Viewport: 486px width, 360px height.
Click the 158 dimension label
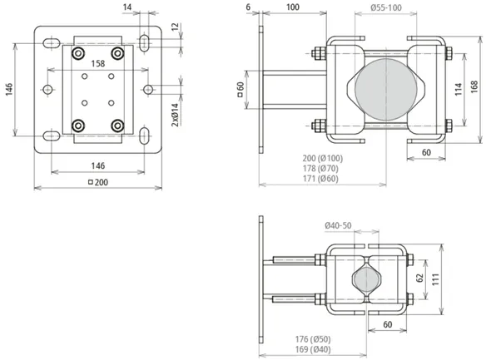click(x=98, y=63)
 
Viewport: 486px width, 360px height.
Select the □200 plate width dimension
click(x=98, y=182)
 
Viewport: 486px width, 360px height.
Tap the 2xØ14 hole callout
click(x=175, y=115)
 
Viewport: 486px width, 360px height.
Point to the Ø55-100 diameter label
click(x=386, y=7)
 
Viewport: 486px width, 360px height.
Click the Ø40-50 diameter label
click(x=338, y=225)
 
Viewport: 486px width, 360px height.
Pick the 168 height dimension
click(x=474, y=87)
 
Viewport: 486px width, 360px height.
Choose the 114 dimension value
click(x=459, y=89)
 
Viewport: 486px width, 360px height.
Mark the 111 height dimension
click(x=435, y=279)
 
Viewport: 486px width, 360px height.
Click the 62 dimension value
click(x=420, y=279)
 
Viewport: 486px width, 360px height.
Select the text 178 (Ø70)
click(x=320, y=169)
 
